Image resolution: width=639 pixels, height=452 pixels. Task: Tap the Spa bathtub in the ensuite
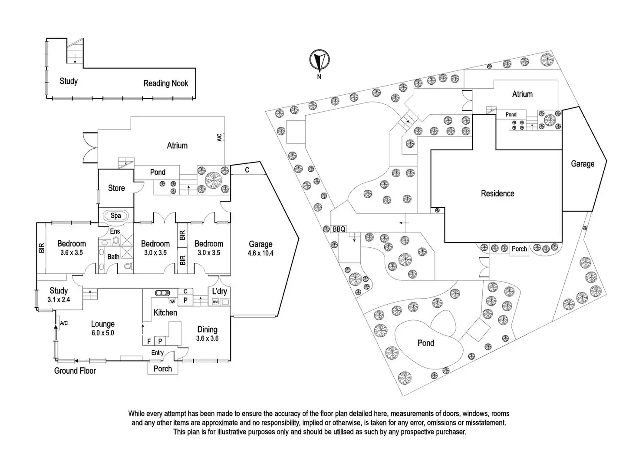115,216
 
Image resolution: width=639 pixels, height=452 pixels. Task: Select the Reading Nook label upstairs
166,83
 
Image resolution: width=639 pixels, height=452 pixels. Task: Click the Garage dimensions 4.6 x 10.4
260,253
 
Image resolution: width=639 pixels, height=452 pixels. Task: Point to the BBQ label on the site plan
339,229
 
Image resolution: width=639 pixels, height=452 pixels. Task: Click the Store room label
116,188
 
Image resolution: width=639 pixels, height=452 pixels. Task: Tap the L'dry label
219,291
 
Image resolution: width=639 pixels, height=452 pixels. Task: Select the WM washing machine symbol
215,302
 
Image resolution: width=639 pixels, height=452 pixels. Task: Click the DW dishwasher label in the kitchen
172,302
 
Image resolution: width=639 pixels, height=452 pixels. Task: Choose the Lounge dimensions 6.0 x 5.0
103,333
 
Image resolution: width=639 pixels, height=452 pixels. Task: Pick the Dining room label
207,329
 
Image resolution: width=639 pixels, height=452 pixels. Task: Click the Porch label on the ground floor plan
163,369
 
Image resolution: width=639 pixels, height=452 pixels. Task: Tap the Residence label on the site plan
497,193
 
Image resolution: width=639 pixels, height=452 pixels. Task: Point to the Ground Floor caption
75,371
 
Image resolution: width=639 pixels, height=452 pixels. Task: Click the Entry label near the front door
157,352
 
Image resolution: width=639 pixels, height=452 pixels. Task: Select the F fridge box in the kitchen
149,342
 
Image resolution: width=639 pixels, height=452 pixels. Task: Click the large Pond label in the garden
426,343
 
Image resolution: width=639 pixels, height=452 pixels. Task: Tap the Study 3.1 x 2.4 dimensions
59,299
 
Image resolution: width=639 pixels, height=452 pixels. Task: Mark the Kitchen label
165,312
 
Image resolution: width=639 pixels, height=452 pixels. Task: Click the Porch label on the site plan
519,249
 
